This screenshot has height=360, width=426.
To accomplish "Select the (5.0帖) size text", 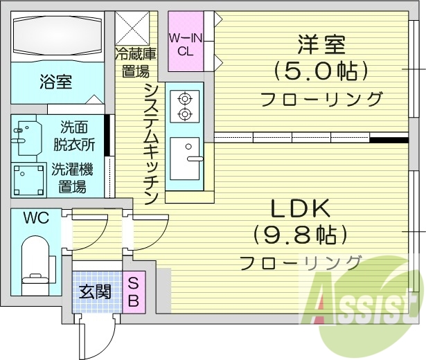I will click(321, 71).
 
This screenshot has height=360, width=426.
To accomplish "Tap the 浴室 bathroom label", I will click(55, 82).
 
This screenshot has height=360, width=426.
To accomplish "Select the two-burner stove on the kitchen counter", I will click(185, 106).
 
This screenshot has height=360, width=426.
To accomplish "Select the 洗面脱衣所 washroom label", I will click(76, 136).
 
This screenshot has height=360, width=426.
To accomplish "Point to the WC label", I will click(35, 218).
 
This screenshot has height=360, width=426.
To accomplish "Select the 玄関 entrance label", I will click(95, 291).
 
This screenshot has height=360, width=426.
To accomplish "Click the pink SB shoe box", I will click(134, 291).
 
